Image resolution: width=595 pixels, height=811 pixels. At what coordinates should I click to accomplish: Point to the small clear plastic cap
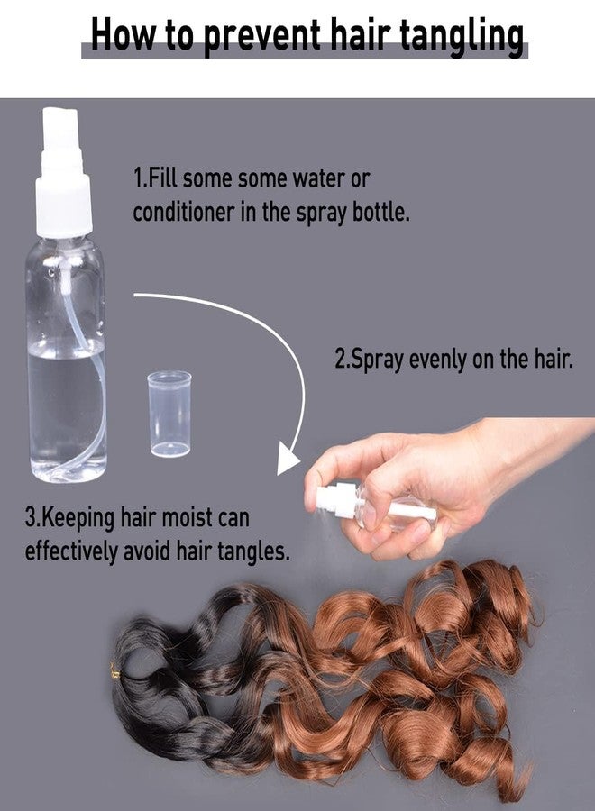click(169, 414)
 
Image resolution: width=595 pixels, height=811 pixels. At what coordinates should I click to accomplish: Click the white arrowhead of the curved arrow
click(288, 459)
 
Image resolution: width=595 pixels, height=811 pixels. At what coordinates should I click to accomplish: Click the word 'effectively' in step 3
click(71, 551)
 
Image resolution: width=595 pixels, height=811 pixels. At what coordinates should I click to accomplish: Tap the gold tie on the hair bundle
click(114, 672)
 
